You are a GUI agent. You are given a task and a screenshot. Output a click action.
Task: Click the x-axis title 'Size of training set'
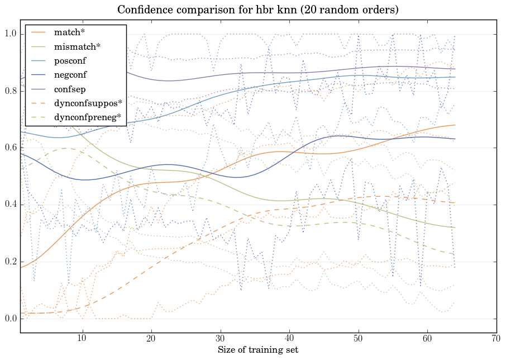point(258,350)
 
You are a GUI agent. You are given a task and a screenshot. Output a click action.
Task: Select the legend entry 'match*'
point(66,32)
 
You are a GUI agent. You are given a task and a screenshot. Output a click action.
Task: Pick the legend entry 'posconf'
point(70,60)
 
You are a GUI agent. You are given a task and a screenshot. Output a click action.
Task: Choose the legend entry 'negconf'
point(70,74)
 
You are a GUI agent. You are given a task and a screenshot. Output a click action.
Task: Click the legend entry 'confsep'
point(69,88)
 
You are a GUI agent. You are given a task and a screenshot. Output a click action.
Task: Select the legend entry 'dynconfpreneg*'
point(84,117)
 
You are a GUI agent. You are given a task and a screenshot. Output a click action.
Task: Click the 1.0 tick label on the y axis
point(11,34)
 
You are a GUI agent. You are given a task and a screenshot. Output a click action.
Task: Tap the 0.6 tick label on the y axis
point(11,148)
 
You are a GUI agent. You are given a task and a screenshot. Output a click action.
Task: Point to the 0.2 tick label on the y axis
point(11,262)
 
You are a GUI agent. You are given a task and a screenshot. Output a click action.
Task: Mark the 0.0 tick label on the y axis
point(11,319)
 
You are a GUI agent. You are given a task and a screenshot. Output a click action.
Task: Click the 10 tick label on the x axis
point(82,339)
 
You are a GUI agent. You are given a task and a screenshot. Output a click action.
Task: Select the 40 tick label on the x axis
point(289,339)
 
